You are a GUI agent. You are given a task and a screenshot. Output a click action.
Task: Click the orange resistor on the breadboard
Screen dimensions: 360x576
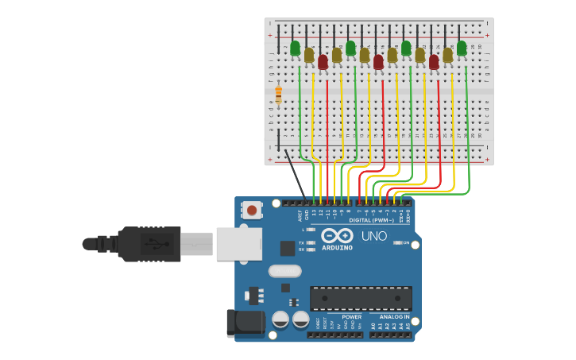pyautogui.click(x=278, y=96)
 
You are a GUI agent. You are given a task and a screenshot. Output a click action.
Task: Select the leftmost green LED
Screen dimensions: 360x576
pyautogui.click(x=295, y=48)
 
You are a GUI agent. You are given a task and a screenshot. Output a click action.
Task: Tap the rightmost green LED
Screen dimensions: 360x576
pyautogui.click(x=462, y=48)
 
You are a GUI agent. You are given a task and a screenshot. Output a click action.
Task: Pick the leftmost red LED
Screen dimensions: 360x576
pyautogui.click(x=323, y=61)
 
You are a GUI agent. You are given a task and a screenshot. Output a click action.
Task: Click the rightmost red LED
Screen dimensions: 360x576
pyautogui.click(x=434, y=61)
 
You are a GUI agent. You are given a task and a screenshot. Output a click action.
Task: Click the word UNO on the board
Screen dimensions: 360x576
pyautogui.click(x=373, y=236)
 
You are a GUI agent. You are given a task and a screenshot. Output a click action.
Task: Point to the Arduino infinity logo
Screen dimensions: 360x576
pyautogui.click(x=338, y=235)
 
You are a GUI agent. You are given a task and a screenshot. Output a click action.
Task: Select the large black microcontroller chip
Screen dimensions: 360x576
pyautogui.click(x=361, y=298)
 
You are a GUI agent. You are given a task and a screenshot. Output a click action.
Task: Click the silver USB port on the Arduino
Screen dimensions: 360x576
pyautogui.click(x=238, y=243)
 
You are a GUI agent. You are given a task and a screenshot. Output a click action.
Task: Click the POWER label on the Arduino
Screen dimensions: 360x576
pyautogui.click(x=351, y=316)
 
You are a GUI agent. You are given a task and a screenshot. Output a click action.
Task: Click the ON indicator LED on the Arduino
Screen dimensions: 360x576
pyautogui.click(x=396, y=242)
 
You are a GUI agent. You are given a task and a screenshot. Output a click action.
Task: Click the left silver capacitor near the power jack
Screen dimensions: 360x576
pyautogui.click(x=280, y=319)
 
